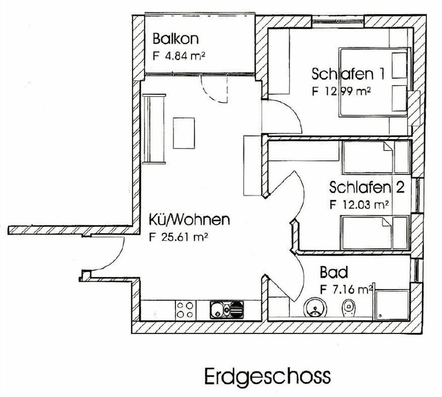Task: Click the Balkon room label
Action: click(x=175, y=39)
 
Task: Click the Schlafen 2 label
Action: click(x=366, y=187)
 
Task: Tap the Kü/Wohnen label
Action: click(x=189, y=219)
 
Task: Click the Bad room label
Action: click(x=334, y=273)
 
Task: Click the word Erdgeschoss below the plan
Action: click(x=268, y=376)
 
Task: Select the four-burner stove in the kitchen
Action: click(x=185, y=310)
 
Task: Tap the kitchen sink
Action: click(x=227, y=310)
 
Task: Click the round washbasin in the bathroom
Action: click(x=315, y=308)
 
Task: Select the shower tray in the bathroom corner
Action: click(x=392, y=305)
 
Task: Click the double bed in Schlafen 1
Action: click(x=374, y=81)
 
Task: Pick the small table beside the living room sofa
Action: click(x=184, y=132)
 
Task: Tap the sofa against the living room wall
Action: click(x=154, y=129)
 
